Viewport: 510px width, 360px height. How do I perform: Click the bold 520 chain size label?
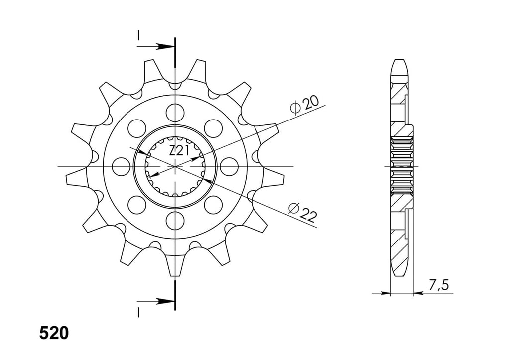(54, 333)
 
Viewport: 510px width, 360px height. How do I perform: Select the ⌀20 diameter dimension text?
(304, 105)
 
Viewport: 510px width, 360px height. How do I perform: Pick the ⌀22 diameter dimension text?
(302, 213)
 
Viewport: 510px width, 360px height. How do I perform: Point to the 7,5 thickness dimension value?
(438, 285)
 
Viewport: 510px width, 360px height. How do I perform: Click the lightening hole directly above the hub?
(175, 113)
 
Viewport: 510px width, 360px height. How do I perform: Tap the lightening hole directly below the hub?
(175, 221)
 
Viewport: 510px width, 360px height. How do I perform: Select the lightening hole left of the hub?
(121, 166)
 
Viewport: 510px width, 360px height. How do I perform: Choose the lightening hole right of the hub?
(229, 166)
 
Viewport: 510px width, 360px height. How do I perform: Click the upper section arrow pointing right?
(155, 46)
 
